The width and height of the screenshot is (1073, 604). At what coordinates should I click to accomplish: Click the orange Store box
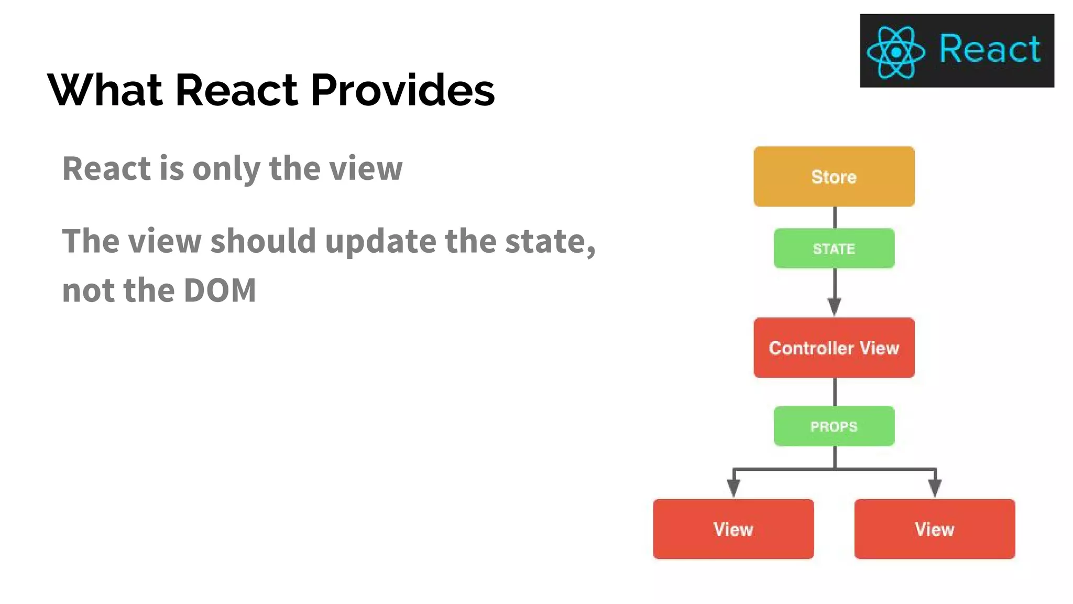click(834, 176)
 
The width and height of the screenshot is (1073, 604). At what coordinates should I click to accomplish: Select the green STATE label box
click(834, 249)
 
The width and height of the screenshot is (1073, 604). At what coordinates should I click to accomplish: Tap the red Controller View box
click(834, 348)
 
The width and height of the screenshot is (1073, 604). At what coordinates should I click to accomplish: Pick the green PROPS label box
click(834, 426)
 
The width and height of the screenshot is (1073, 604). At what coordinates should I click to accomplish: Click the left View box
click(733, 529)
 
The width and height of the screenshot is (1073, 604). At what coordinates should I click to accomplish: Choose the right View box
click(935, 529)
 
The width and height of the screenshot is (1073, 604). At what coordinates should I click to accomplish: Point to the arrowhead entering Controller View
click(835, 307)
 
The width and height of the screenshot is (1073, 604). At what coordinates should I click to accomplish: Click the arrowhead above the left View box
click(734, 488)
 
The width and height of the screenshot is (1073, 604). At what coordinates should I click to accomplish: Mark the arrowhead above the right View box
click(935, 488)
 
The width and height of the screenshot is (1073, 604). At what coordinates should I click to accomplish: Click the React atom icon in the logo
click(896, 52)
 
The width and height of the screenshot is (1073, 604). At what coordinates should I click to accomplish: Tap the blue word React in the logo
click(989, 49)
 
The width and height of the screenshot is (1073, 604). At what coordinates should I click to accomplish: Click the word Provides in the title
click(402, 90)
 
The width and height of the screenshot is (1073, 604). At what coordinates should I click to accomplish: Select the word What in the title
click(105, 90)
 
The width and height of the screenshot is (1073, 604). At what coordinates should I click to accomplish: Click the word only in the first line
click(226, 169)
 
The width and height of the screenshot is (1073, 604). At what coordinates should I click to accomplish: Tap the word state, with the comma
click(550, 241)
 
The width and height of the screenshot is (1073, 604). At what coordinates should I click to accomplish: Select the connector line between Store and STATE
click(835, 217)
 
